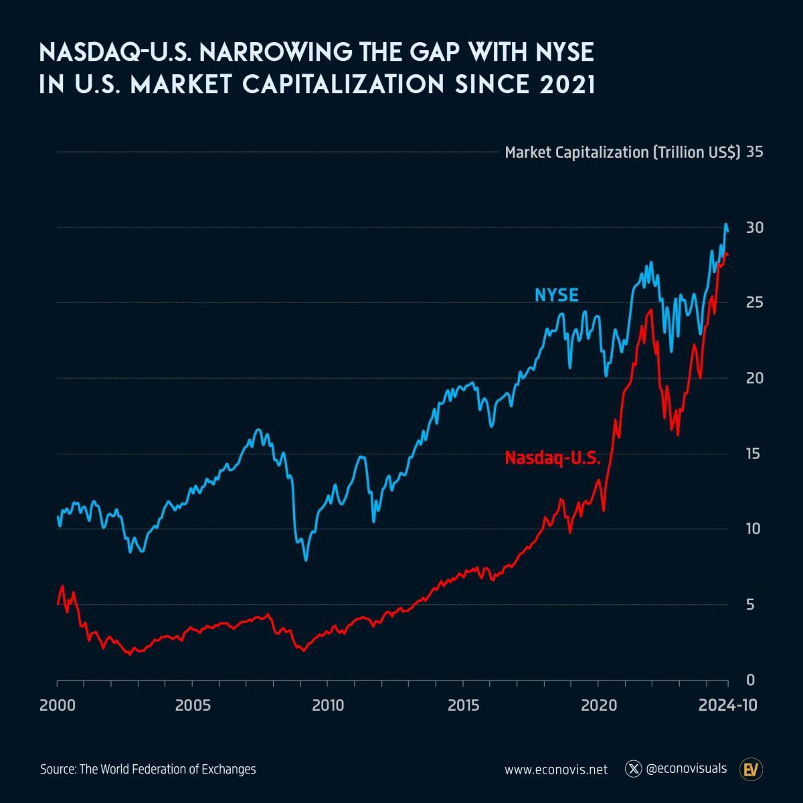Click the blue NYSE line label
pyautogui.click(x=556, y=294)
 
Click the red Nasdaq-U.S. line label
pyautogui.click(x=553, y=458)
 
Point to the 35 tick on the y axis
pyautogui.click(x=755, y=152)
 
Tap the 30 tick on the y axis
pyautogui.click(x=755, y=228)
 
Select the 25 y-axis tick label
pyautogui.click(x=755, y=302)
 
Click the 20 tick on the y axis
pyautogui.click(x=755, y=378)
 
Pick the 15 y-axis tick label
pyautogui.click(x=755, y=454)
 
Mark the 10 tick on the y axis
pyautogui.click(x=755, y=529)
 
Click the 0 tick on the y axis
pyautogui.click(x=750, y=680)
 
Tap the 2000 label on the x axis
pyautogui.click(x=58, y=705)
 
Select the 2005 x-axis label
pyautogui.click(x=192, y=705)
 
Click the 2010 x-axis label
pyautogui.click(x=327, y=705)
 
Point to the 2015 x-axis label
pyautogui.click(x=462, y=705)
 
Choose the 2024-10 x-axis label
pyautogui.click(x=728, y=705)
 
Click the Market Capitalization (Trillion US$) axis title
pyautogui.click(x=622, y=153)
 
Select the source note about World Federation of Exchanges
pyautogui.click(x=148, y=769)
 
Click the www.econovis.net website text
pyautogui.click(x=556, y=770)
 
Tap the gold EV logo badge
pyautogui.click(x=752, y=769)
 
